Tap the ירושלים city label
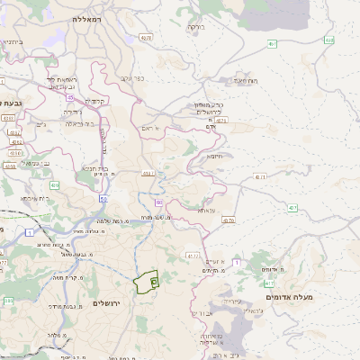pyautogui.click(x=112, y=303)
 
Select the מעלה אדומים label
pyautogui.click(x=287, y=296)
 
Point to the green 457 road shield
pyautogui.click(x=271, y=43)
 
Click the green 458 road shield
pyautogui.click(x=329, y=40)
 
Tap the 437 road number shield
pyautogui.click(x=293, y=208)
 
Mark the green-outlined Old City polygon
pyautogui.click(x=145, y=283)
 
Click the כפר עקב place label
pyautogui.click(x=132, y=79)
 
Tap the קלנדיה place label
pyautogui.click(x=96, y=101)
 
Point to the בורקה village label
pyautogui.click(x=194, y=27)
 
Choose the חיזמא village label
pyautogui.click(x=215, y=156)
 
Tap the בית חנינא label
pyautogui.click(x=95, y=167)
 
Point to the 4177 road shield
pyautogui.click(x=192, y=256)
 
